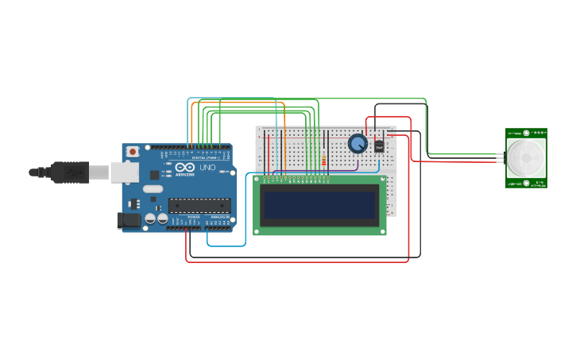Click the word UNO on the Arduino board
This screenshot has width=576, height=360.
point(207,168)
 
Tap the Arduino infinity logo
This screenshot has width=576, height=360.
point(185,168)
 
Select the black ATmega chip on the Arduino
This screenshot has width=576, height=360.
point(199,205)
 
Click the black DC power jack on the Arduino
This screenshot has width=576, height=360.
point(128,221)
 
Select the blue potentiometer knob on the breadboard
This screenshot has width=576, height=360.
point(358,144)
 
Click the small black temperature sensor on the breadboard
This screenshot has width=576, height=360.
point(379,146)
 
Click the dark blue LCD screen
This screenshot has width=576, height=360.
point(320,205)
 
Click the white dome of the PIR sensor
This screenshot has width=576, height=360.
point(525,159)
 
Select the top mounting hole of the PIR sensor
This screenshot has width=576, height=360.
point(525,133)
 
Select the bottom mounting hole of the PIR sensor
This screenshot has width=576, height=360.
point(525,184)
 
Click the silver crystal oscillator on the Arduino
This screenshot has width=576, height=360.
point(153,189)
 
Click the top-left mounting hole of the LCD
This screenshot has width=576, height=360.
point(257,179)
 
